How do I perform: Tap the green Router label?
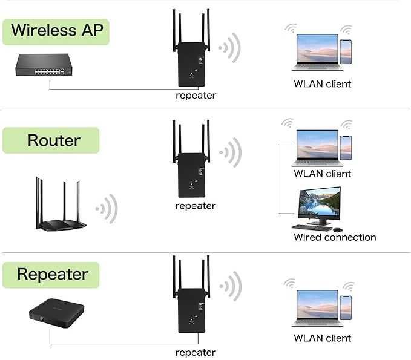pos(53,140)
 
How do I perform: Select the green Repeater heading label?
pos(53,274)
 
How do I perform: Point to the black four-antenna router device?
pos(58,206)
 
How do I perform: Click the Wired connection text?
pos(335,237)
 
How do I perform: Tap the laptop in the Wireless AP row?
pos(314,52)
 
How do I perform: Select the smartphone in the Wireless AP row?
pos(346,51)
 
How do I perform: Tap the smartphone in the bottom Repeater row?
pos(346,307)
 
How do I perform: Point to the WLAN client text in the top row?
pos(322,84)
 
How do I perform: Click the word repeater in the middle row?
pos(196,206)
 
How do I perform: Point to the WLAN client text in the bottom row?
pos(322,338)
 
